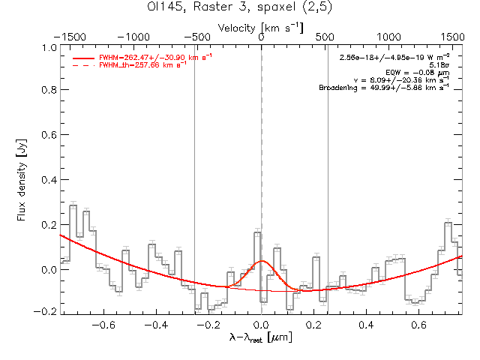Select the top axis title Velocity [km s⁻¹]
[x=261, y=27]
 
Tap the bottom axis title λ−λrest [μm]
[x=260, y=340]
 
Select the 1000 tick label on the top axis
[x=388, y=37]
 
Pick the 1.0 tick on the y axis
[x=47, y=46]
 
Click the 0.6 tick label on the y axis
[x=47, y=136]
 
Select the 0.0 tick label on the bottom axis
[x=261, y=325]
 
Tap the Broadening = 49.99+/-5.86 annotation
[x=384, y=88]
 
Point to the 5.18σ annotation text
[x=438, y=64]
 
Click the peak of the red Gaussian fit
[x=262, y=261]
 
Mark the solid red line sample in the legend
[x=83, y=57]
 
